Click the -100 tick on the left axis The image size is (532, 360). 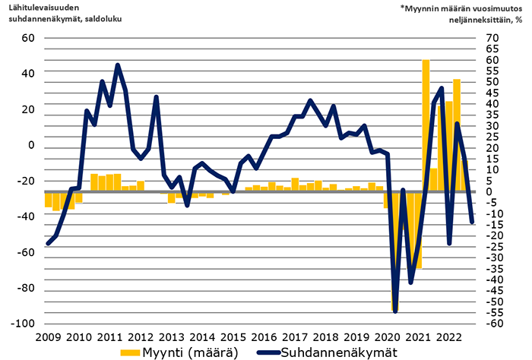[24, 323]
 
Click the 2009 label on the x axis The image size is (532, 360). [47, 336]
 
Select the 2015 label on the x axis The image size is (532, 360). [233, 336]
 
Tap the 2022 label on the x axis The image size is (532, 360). [449, 336]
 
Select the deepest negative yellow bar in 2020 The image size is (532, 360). [395, 251]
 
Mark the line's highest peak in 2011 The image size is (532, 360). [118, 65]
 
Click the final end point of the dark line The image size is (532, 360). [472, 223]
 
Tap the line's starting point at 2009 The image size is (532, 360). [48, 244]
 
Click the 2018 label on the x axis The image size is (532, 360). [325, 336]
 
